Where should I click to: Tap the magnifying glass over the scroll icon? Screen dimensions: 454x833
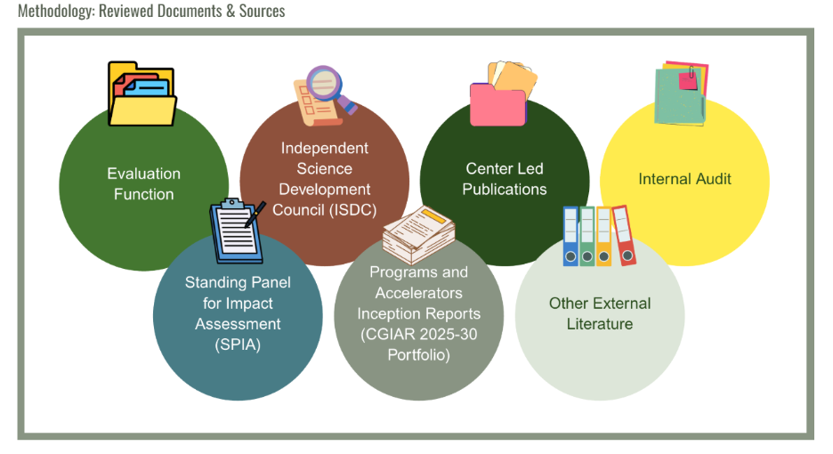[324, 85]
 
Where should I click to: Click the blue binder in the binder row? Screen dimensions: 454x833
[570, 236]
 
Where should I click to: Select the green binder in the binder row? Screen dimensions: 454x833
[587, 236]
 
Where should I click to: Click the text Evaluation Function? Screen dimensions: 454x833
[143, 183]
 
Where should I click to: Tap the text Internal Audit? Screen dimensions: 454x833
[684, 179]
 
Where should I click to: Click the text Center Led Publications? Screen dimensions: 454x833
[504, 179]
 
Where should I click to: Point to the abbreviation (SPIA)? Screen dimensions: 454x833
[238, 345]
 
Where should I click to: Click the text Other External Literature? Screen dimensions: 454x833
[599, 313]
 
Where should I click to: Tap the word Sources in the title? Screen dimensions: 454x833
[262, 12]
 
